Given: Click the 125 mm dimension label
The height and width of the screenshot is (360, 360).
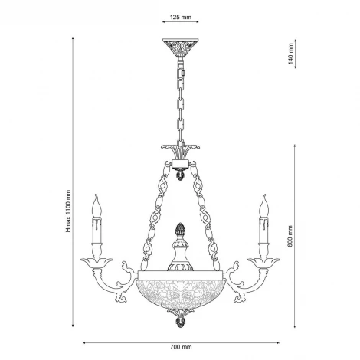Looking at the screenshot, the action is tap(181, 17).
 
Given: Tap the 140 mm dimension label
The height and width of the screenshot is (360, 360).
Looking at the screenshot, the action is tap(290, 54).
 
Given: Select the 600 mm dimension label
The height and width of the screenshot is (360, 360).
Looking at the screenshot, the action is tap(290, 236).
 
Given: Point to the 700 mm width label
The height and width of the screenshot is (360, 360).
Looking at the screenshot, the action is tap(181, 347).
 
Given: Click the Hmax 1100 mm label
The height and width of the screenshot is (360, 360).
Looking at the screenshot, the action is tap(68, 211).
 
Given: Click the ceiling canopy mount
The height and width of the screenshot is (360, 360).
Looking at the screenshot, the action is tap(181, 47).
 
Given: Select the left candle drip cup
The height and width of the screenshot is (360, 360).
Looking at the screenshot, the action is tap(97, 263).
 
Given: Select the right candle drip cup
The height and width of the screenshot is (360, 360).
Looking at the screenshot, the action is tap(264, 263).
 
